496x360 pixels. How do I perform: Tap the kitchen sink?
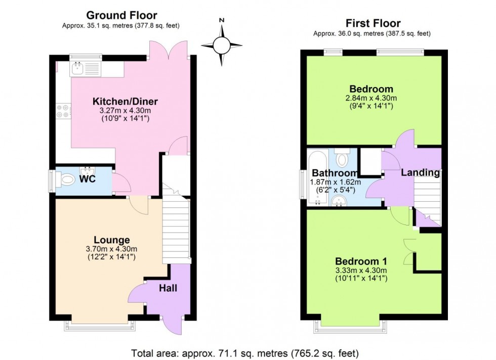(x=79, y=68)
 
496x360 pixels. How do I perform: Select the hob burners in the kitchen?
(x=64, y=111)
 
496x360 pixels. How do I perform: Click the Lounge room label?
(x=111, y=240)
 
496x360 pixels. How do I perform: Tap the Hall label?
(x=169, y=288)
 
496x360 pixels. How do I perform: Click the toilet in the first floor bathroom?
(x=343, y=158)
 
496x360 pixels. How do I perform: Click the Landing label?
(x=420, y=172)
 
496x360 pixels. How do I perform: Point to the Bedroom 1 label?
(x=361, y=261)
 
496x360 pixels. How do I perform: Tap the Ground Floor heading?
(x=121, y=16)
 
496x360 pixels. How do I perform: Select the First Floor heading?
(x=373, y=23)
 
